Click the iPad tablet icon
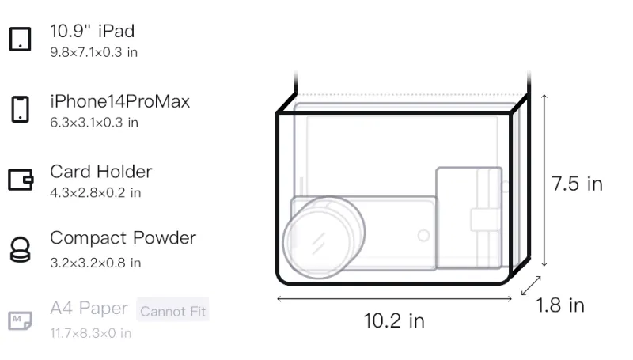(x=21, y=39)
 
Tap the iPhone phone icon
(x=21, y=109)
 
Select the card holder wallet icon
(x=21, y=179)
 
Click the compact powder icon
(x=21, y=250)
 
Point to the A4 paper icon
(x=21, y=320)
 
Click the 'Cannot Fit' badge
(x=172, y=311)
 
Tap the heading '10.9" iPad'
(x=92, y=31)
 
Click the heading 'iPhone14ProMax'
(x=120, y=101)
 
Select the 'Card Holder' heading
(x=101, y=172)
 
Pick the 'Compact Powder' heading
(x=123, y=237)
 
